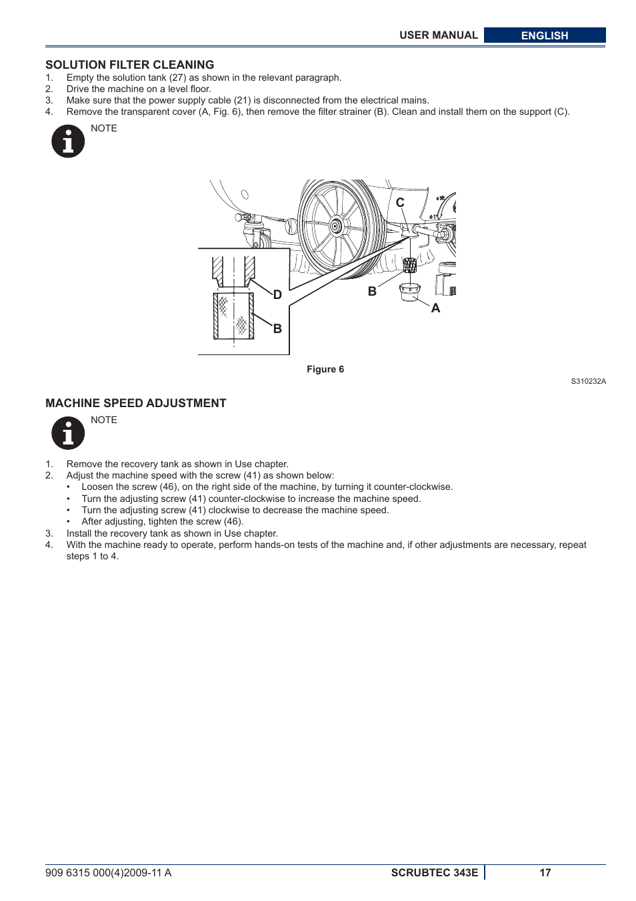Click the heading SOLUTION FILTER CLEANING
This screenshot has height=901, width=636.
click(129, 65)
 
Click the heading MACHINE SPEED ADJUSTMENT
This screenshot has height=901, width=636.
click(135, 403)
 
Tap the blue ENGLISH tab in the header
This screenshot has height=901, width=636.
click(544, 35)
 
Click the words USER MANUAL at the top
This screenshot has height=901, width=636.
click(438, 35)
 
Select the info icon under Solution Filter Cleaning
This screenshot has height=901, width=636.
click(68, 141)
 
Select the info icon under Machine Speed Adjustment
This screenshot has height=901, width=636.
click(68, 433)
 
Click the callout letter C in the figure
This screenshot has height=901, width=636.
click(400, 202)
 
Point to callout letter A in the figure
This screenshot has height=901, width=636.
click(435, 308)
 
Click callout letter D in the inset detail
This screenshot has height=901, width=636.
click(277, 295)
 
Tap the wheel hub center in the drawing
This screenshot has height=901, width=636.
click(336, 226)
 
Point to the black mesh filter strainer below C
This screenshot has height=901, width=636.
click(409, 265)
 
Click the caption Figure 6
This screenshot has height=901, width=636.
click(325, 369)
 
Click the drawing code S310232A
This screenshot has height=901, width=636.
click(588, 381)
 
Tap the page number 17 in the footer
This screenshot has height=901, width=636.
click(545, 872)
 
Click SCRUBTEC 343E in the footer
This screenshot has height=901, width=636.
click(434, 872)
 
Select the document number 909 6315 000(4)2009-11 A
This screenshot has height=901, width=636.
click(108, 872)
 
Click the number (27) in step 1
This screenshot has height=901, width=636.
click(177, 77)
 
